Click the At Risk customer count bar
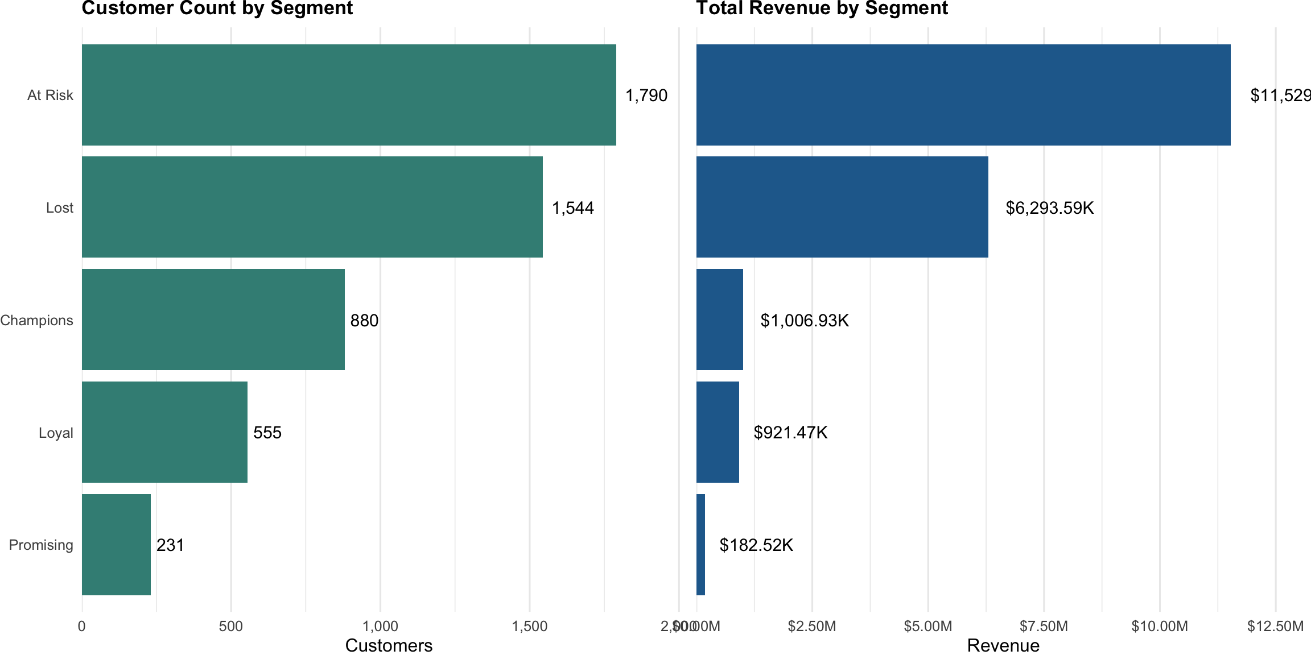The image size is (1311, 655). (349, 95)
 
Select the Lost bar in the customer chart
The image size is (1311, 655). (312, 207)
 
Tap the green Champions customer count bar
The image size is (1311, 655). (213, 320)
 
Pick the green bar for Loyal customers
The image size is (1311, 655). (164, 432)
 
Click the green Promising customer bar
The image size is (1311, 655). (116, 545)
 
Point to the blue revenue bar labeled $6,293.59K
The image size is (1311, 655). (842, 207)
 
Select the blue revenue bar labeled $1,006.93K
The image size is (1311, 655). (719, 320)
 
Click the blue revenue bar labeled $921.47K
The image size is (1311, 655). (718, 432)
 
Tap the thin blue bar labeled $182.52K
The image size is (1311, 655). (700, 545)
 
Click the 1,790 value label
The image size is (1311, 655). (646, 96)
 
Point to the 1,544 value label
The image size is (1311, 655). (572, 208)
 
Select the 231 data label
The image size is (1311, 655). (170, 545)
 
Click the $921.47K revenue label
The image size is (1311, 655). (790, 433)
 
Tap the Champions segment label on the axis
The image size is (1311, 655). (36, 320)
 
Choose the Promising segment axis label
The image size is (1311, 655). (41, 545)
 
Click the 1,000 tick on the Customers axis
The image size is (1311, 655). (380, 627)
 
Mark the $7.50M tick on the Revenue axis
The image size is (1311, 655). (1044, 627)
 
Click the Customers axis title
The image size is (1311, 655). (389, 645)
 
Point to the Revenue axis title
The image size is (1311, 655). (1003, 645)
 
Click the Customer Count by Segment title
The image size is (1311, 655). (217, 9)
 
